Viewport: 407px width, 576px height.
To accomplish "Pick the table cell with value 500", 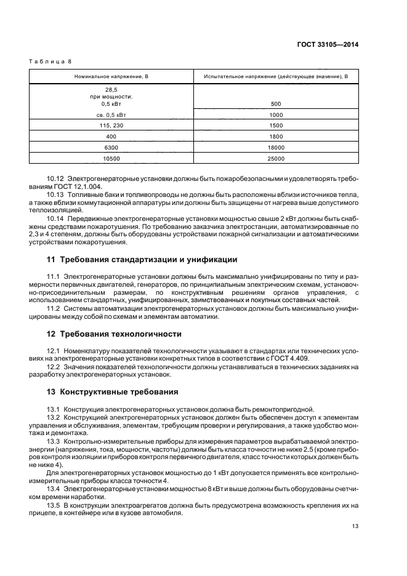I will point(276,103).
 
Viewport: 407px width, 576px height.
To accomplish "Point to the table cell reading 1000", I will point(276,114).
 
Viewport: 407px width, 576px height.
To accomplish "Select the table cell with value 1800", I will point(276,136).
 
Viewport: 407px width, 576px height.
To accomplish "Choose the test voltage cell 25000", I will point(276,158).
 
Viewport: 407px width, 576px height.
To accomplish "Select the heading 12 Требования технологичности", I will point(114,334).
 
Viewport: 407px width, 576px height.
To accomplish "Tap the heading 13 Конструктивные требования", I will point(113,391).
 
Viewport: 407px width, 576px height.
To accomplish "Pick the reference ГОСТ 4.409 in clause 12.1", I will point(293,358).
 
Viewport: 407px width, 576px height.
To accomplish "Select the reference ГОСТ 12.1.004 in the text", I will point(80,186).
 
